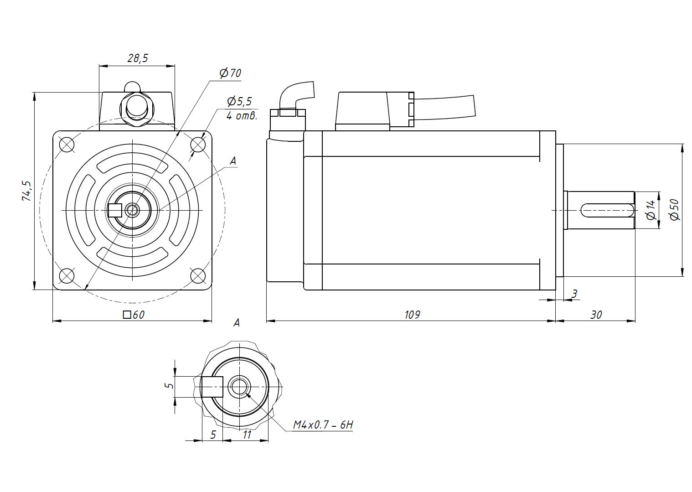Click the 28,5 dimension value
[138, 58]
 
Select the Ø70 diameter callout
[230, 73]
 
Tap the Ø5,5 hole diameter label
[239, 101]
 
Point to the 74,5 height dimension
[27, 191]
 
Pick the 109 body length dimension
[412, 315]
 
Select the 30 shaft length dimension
[596, 315]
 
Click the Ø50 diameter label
[675, 210]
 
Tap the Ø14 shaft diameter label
[651, 210]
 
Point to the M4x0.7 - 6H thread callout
[323, 425]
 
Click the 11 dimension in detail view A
[247, 435]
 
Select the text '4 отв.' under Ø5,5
[242, 116]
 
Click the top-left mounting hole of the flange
[67, 145]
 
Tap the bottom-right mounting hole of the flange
[197, 275]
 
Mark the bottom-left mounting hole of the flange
[67, 275]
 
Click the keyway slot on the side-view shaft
[606, 210]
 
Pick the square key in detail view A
[212, 387]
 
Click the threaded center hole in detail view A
[238, 387]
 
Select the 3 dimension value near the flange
[574, 294]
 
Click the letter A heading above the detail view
[236, 323]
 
